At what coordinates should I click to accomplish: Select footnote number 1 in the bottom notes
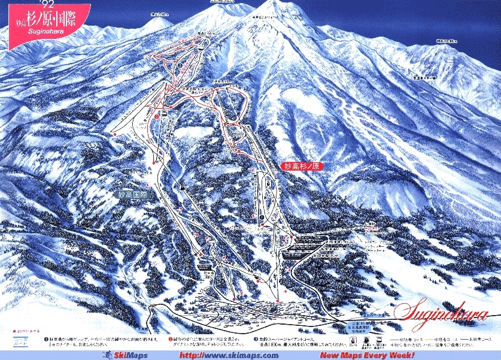[x=46, y=338]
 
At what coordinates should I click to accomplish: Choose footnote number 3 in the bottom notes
[x=256, y=338]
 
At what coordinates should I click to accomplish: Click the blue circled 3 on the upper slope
[x=179, y=65]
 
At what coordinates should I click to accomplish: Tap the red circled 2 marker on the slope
[x=157, y=117]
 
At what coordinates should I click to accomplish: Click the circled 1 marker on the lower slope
[x=262, y=217]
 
